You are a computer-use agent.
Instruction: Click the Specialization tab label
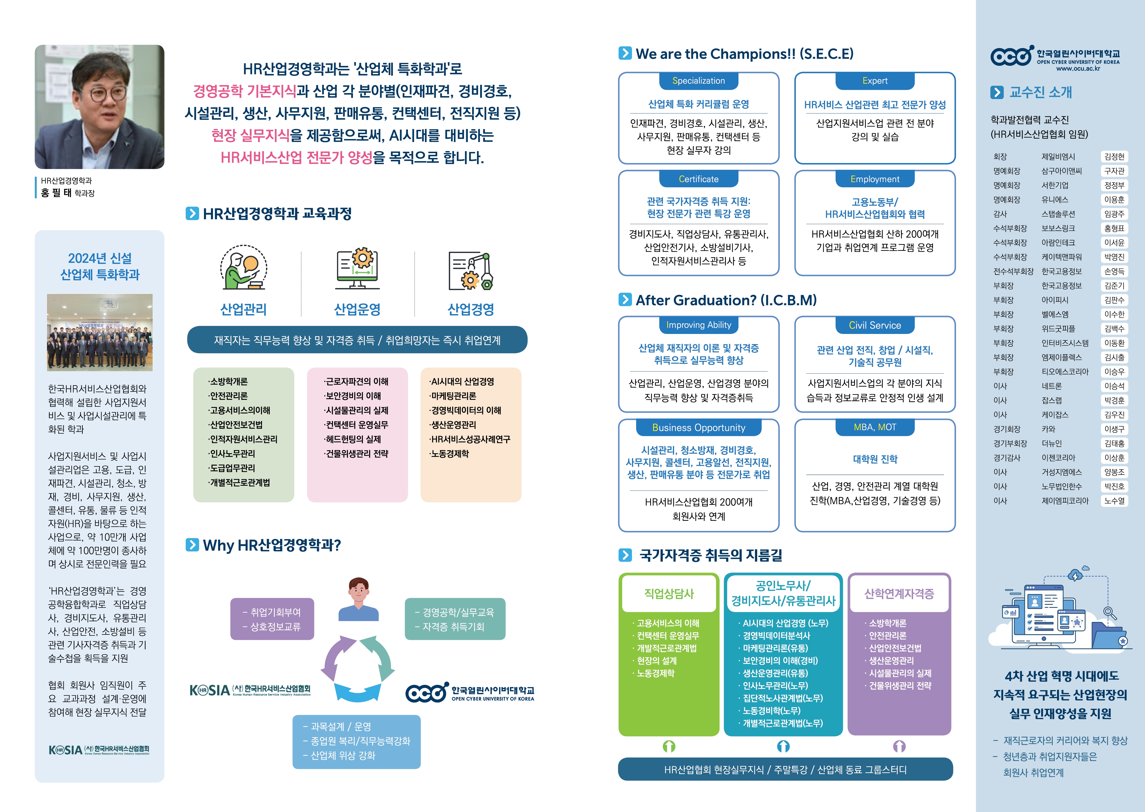point(699,81)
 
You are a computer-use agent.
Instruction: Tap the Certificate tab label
point(699,179)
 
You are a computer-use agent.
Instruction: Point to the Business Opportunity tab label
point(699,427)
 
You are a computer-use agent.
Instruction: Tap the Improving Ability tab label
point(699,325)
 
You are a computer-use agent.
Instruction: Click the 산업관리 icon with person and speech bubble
point(243,267)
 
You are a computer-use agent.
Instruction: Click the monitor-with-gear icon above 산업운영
point(357,269)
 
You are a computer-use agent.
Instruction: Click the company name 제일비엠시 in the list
point(1058,157)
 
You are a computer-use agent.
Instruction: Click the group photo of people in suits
point(100,333)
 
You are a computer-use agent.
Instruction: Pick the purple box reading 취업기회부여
point(272,619)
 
